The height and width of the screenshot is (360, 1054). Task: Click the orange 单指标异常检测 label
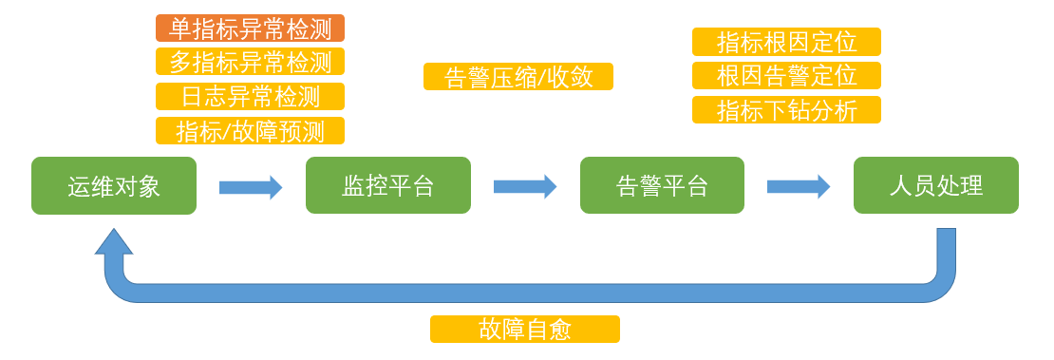[x=250, y=28]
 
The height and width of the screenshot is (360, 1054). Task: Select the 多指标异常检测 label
[x=250, y=63]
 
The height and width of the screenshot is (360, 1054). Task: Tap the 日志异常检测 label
[x=250, y=97]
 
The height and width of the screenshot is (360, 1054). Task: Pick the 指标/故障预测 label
[x=250, y=131]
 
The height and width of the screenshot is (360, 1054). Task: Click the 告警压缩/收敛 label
[x=518, y=77]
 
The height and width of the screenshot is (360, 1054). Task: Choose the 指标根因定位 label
[x=786, y=42]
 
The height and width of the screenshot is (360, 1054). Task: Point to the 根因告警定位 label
[x=786, y=76]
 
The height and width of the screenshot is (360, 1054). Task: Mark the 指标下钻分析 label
[x=786, y=110]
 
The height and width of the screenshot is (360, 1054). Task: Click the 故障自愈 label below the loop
[x=524, y=330]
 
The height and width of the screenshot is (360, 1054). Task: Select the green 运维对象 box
[x=114, y=186]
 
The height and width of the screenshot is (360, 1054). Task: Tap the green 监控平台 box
[x=387, y=186]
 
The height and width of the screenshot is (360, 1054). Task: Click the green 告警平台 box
[x=662, y=186]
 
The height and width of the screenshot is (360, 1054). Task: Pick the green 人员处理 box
[x=935, y=186]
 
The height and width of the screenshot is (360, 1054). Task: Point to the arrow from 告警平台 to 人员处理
[x=799, y=187]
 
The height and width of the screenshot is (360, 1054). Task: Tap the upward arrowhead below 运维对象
[x=114, y=242]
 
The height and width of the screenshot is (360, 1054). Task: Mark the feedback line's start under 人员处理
[x=946, y=237]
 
